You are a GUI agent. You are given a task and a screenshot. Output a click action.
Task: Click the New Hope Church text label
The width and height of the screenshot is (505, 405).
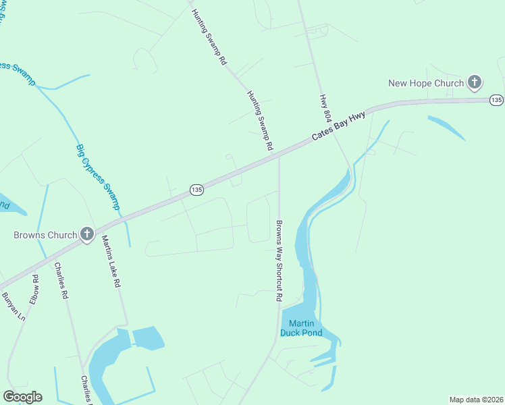tap(426, 83)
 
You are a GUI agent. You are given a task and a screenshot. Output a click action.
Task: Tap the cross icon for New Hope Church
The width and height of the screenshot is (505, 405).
tap(475, 83)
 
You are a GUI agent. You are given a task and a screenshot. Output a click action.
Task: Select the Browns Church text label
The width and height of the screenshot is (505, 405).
tap(45, 235)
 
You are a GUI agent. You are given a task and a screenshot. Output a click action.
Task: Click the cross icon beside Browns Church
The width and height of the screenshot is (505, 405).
tap(87, 234)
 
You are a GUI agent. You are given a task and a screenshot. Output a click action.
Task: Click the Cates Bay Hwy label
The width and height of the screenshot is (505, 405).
tap(339, 126)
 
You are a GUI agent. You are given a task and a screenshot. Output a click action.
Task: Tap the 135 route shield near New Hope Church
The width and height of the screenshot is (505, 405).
tap(496, 100)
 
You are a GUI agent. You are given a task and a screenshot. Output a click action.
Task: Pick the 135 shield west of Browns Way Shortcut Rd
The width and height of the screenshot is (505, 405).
tap(196, 190)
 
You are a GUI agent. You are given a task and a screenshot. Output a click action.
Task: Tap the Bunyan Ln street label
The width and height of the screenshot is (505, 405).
tap(13, 306)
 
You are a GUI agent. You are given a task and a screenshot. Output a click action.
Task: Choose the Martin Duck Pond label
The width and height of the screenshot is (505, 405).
tap(301, 327)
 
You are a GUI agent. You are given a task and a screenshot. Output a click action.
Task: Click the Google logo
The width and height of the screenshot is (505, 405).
tap(22, 397)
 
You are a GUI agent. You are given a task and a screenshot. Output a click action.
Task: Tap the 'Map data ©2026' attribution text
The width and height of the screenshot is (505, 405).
tap(476, 400)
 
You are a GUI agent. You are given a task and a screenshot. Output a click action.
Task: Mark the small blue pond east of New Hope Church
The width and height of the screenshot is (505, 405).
tap(446, 128)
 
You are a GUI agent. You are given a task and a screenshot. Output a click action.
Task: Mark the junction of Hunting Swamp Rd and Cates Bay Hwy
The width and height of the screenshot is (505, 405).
tap(277, 154)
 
